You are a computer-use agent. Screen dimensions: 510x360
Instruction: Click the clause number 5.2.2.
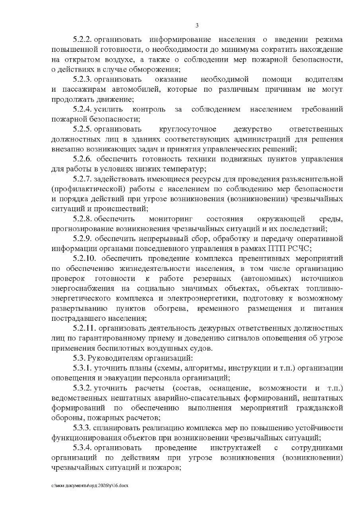pyautogui.click(x=82, y=40)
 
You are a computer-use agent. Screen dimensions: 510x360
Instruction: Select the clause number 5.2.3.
pyautogui.click(x=82, y=79)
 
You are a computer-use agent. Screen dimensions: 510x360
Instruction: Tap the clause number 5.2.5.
pyautogui.click(x=82, y=129)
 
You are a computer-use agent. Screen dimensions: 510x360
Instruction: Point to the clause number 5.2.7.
pyautogui.click(x=82, y=178)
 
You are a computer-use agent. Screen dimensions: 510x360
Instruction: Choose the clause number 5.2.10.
pyautogui.click(x=84, y=258)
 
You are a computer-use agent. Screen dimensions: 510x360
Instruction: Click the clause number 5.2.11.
pyautogui.click(x=84, y=328)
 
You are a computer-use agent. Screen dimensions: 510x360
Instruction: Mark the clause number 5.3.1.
pyautogui.click(x=82, y=368)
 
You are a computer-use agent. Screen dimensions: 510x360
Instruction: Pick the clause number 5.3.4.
pyautogui.click(x=82, y=448)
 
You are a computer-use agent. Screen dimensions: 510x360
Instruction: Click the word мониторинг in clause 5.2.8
pyautogui.click(x=170, y=219)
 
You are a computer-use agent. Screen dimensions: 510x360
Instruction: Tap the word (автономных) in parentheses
pyautogui.click(x=266, y=279)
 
